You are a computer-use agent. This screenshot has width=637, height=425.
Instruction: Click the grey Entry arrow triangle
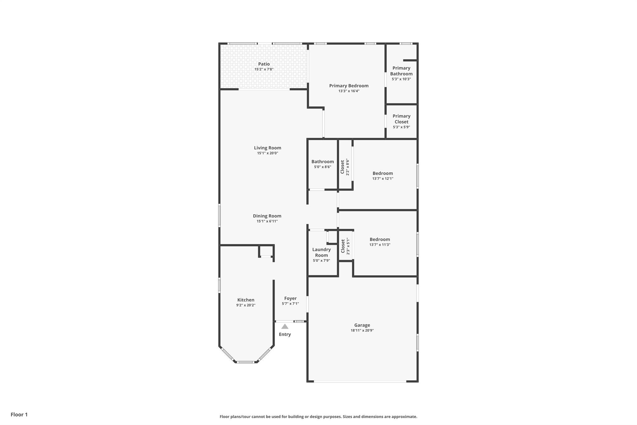[285, 326]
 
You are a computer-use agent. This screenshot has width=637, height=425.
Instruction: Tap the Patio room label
[264, 64]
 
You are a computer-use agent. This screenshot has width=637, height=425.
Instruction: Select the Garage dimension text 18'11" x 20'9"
[362, 330]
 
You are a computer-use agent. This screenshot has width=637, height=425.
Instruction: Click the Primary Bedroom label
[349, 86]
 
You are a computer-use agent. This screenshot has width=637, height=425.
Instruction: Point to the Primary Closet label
[401, 119]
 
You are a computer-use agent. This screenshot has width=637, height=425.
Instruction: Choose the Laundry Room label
[321, 252]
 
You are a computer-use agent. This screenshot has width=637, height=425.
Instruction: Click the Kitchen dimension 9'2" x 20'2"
[246, 305]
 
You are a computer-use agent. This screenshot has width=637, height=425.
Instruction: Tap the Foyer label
[290, 298]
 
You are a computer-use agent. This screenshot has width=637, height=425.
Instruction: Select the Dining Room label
[267, 216]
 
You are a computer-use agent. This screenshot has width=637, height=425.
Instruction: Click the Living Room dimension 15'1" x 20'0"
[267, 153]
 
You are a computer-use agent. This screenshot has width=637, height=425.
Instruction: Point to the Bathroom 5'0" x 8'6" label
[323, 162]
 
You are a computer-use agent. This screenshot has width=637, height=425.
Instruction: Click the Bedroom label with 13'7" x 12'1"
[383, 173]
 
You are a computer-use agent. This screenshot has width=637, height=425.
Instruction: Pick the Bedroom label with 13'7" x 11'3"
[379, 239]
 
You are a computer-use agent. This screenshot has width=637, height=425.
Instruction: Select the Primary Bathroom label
[401, 71]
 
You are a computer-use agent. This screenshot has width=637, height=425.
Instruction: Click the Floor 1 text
[19, 414]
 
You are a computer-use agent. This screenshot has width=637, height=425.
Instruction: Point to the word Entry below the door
[285, 334]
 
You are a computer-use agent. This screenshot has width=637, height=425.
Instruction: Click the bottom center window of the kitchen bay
[245, 362]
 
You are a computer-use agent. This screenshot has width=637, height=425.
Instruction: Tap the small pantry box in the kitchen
[266, 251]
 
